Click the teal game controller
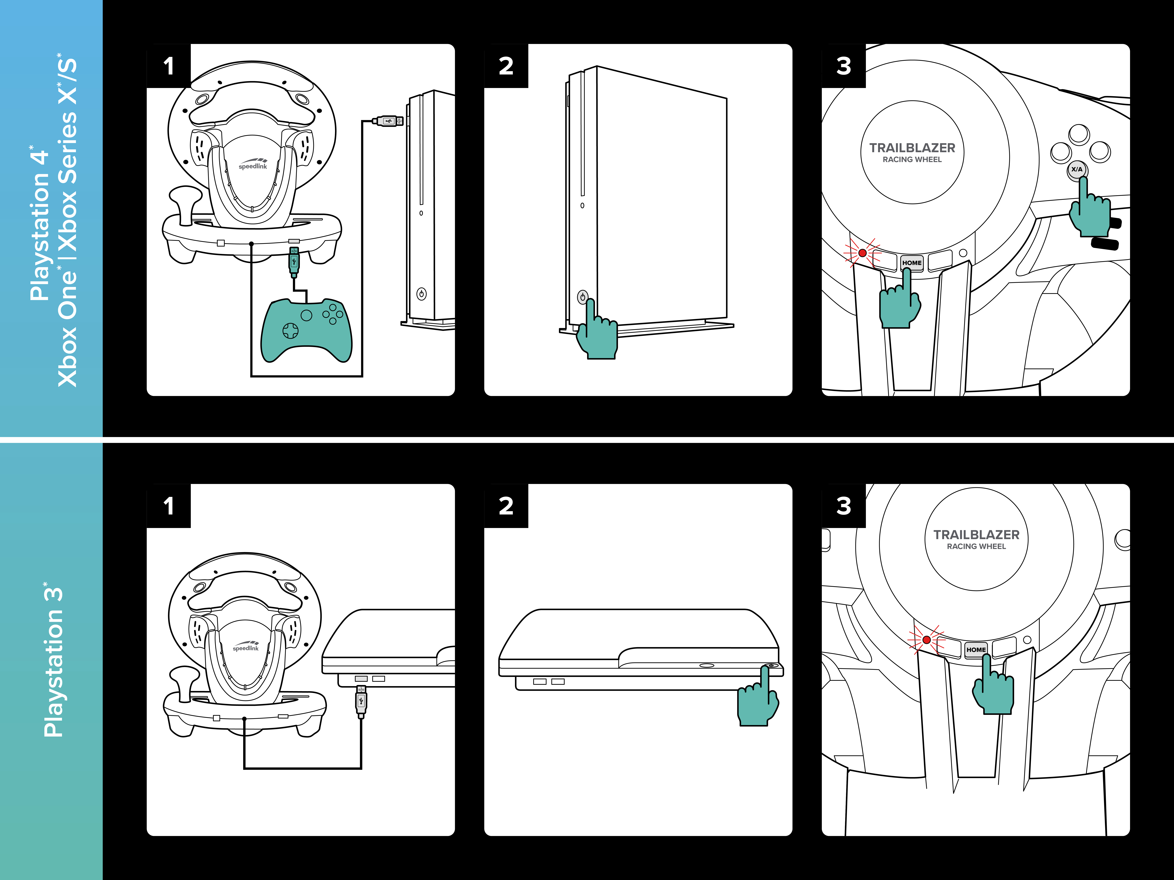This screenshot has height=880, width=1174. click(306, 330)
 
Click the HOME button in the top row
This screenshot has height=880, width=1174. click(912, 263)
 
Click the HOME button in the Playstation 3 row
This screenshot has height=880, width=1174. click(976, 649)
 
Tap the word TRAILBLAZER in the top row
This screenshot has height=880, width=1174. click(912, 148)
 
